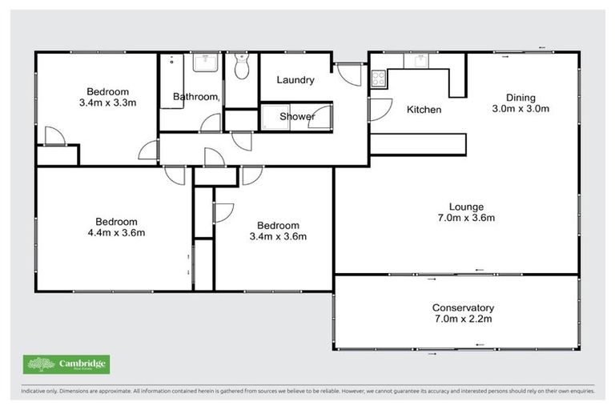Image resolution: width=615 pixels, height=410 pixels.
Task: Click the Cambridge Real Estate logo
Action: tap(67, 365)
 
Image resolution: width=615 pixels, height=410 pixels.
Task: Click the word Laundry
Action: tap(295, 80)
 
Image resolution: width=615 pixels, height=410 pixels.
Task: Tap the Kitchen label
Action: tap(424, 109)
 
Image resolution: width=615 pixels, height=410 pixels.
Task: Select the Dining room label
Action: tap(520, 97)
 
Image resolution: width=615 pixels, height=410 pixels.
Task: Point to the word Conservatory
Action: tap(463, 307)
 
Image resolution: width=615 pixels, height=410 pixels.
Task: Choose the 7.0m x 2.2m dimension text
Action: tap(463, 320)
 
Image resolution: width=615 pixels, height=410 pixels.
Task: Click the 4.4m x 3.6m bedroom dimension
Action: tap(117, 233)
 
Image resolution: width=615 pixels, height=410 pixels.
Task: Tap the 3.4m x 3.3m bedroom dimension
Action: tap(107, 103)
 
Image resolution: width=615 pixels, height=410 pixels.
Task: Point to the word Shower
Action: tap(296, 117)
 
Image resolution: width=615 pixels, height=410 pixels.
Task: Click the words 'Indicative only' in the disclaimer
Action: tap(38, 392)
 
